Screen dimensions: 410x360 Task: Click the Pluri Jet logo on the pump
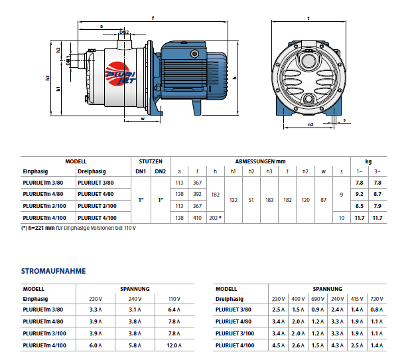tap(120, 74)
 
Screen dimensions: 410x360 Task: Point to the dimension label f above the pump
tap(153, 18)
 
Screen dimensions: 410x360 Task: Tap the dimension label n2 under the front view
tap(310, 125)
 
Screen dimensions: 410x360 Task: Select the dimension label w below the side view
tap(143, 119)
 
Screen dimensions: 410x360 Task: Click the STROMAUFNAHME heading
tap(53, 271)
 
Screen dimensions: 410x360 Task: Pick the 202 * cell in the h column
tap(216, 218)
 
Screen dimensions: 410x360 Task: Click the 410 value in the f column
tap(197, 218)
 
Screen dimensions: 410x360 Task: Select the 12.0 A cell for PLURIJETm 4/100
tap(174, 345)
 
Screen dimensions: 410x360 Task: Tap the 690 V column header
tap(318, 299)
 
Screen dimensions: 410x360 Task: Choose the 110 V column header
tap(174, 299)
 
